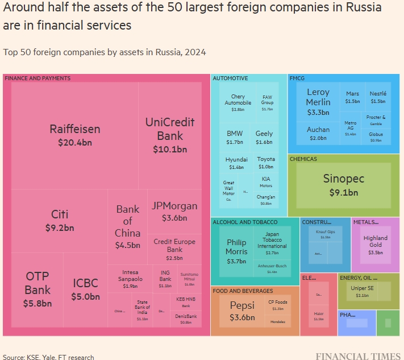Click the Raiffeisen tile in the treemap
[74, 135]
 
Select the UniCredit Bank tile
[170, 135]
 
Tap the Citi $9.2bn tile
[60, 221]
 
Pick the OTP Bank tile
[37, 289]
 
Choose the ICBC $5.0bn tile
[85, 289]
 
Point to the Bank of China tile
[127, 226]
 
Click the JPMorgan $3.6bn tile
[174, 211]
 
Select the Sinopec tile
[343, 184]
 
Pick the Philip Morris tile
[236, 251]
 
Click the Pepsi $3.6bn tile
[242, 311]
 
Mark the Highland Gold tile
[375, 245]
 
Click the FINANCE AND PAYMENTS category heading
[38, 78]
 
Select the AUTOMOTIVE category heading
[230, 78]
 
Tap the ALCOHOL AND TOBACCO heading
[245, 222]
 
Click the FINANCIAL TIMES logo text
[357, 356]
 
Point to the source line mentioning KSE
[49, 357]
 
